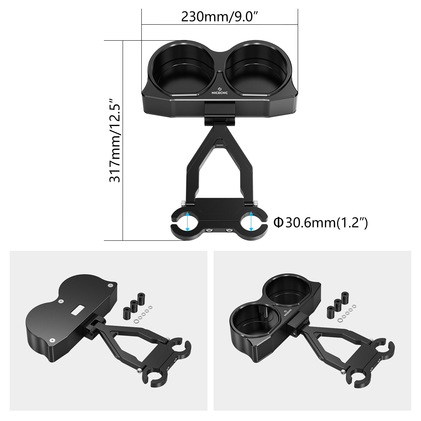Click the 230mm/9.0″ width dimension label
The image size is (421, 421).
pyautogui.click(x=219, y=17)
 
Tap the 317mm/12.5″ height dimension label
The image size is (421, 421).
pyautogui.click(x=115, y=141)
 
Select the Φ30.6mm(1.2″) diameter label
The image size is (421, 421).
pyautogui.click(x=320, y=223)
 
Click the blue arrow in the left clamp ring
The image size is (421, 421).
pyautogui.click(x=187, y=221)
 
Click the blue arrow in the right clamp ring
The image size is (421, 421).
pyautogui.click(x=251, y=221)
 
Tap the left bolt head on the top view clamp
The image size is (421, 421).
pyautogui.click(x=209, y=231)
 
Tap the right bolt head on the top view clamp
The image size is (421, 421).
pyautogui.click(x=228, y=231)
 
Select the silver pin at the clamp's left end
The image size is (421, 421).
pyautogui.click(x=183, y=204)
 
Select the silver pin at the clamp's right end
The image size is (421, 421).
pyautogui.click(x=256, y=203)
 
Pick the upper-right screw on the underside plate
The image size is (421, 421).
pyautogui.click(x=110, y=285)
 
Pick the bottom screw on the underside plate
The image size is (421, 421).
pyautogui.click(x=52, y=340)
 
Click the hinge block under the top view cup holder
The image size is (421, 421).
pyautogui.click(x=219, y=113)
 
